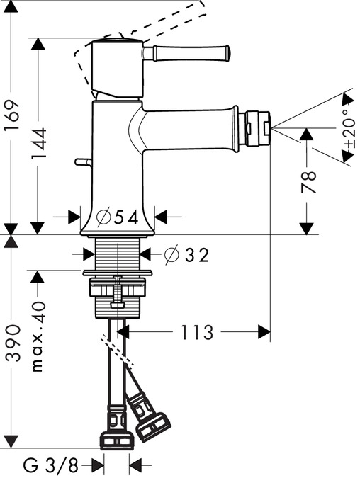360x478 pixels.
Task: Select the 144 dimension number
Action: [38, 143]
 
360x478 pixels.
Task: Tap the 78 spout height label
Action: [308, 183]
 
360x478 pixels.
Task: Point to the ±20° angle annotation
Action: [350, 129]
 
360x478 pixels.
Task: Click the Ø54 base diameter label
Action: [117, 217]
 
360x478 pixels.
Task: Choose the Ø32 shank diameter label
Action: [186, 255]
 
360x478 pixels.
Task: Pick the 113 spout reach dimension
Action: [197, 332]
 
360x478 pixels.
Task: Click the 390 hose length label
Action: [14, 343]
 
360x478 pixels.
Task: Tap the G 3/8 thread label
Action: [50, 465]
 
